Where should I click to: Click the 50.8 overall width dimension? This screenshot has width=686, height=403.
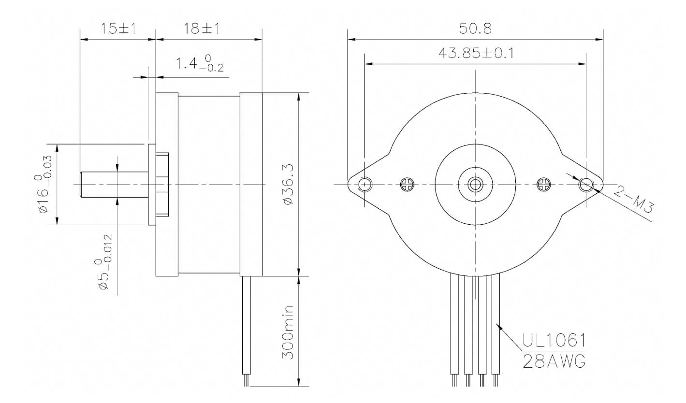(475, 29)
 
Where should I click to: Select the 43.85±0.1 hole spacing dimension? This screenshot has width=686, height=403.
(476, 53)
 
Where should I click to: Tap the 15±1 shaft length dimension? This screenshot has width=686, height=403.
(117, 29)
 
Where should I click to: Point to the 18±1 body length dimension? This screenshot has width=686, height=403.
(201, 29)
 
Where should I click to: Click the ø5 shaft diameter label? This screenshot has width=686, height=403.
(104, 262)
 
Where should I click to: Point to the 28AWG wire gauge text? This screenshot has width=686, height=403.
(554, 360)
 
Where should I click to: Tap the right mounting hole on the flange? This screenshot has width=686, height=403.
(586, 184)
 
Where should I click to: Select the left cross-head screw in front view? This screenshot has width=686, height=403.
(408, 184)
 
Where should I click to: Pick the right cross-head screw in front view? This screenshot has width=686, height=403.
(544, 184)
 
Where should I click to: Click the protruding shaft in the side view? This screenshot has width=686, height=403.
(114, 184)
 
